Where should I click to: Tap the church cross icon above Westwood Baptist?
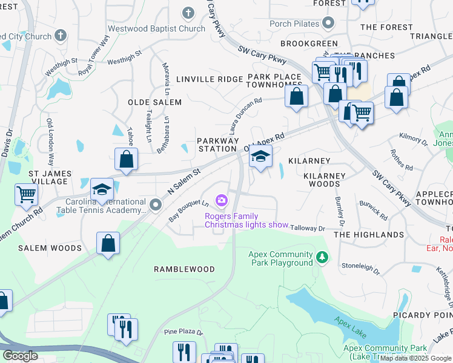188,12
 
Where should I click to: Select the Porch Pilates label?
293,24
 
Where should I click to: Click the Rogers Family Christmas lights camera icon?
222,200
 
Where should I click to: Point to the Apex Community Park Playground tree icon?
322,258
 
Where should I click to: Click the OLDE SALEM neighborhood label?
154,102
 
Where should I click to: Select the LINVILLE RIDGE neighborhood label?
209,79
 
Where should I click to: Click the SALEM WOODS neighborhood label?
50,248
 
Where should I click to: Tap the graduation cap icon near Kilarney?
260,157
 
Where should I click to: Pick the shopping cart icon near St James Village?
27,194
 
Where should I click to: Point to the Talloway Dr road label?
308,228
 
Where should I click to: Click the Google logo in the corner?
19,355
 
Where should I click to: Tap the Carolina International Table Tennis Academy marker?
156,205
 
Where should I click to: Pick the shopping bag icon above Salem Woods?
107,243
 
